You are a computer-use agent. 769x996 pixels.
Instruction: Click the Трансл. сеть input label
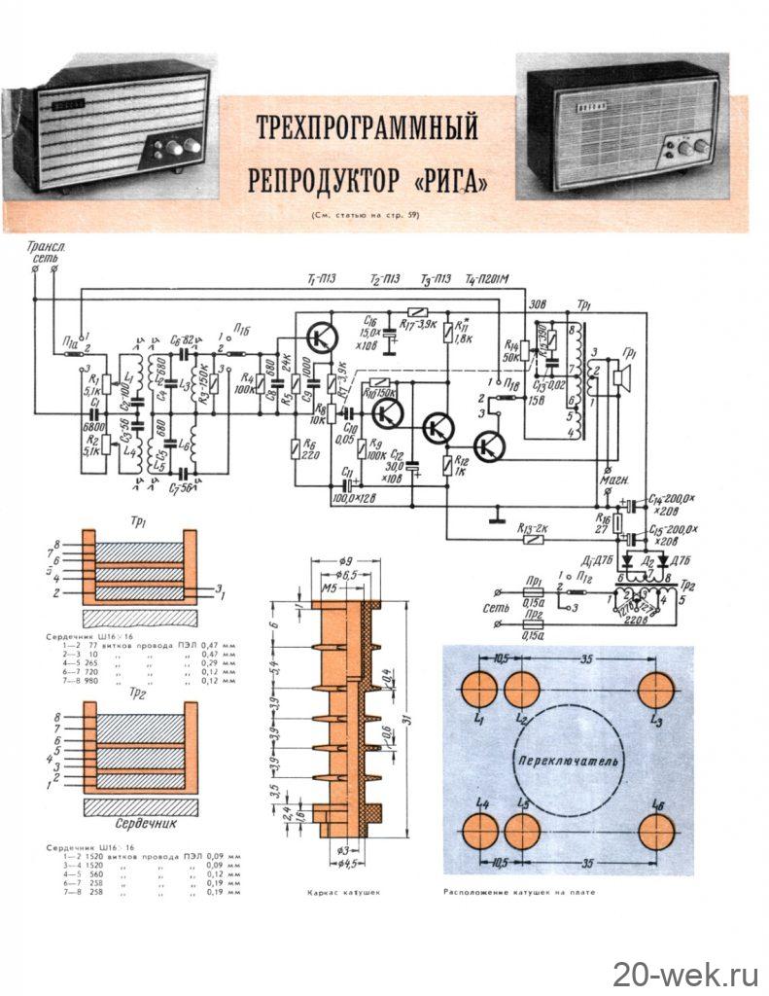click(x=43, y=255)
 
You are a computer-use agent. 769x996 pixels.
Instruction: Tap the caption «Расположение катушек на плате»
click(x=517, y=891)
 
